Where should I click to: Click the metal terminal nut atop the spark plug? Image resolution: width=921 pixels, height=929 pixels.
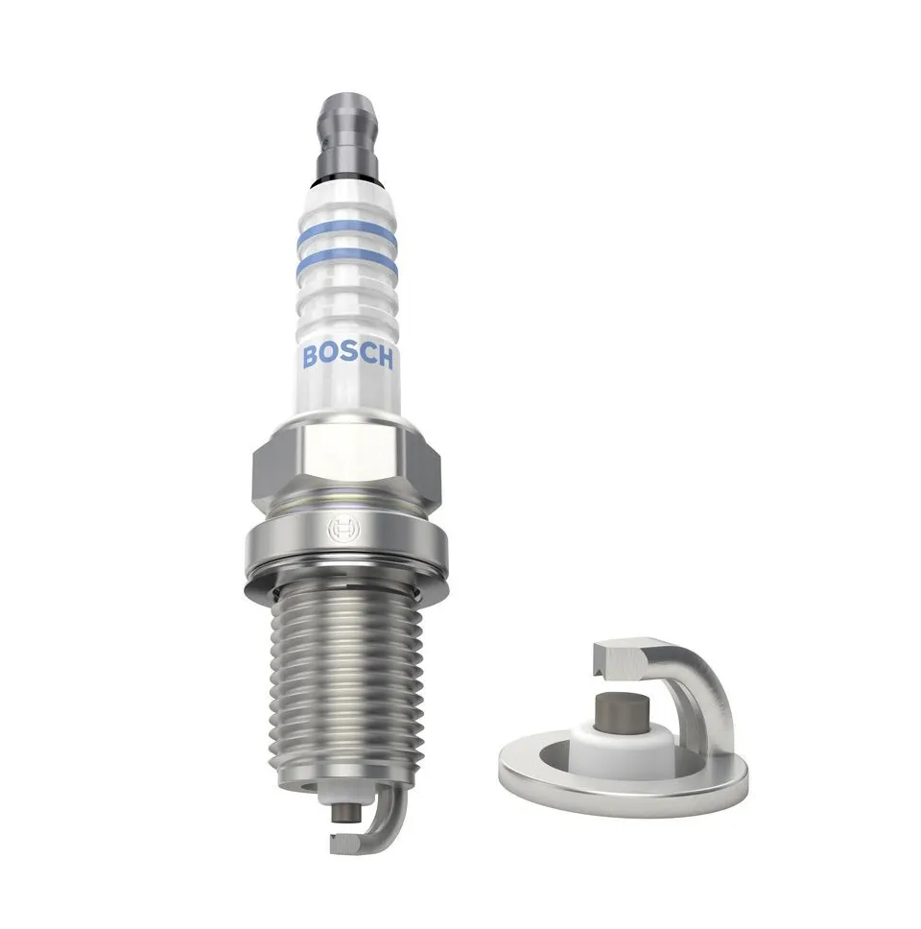347,134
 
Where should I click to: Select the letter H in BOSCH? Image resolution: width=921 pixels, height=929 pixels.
384,358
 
